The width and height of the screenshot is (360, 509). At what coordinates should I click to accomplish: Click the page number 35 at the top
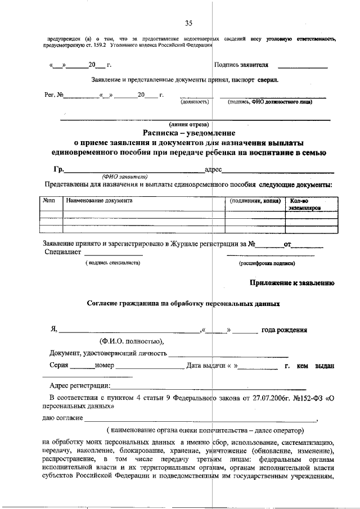188,23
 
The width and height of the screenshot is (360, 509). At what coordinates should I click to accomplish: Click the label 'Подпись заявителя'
241,65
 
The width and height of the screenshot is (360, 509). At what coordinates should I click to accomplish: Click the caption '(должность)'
195,102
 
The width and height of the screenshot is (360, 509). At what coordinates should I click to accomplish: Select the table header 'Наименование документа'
99,200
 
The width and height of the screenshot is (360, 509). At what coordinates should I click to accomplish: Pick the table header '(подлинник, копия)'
255,200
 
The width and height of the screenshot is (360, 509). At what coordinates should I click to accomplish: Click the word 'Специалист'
64,253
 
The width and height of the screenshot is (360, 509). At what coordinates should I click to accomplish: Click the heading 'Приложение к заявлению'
292,283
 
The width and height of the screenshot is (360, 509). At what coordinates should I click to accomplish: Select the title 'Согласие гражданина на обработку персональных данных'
183,304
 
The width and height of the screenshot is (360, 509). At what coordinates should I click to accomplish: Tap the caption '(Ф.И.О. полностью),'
132,341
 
